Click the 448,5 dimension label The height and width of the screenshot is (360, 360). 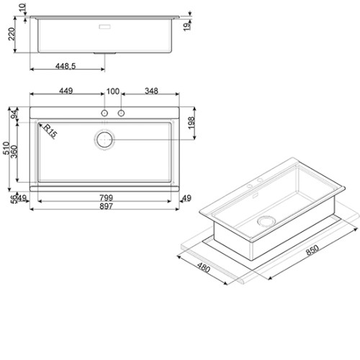(x=66, y=66)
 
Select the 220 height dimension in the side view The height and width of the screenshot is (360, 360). (x=12, y=34)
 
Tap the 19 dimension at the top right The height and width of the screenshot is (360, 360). (x=187, y=26)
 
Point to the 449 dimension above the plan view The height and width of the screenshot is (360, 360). (x=66, y=91)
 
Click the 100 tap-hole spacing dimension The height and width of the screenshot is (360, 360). (x=113, y=91)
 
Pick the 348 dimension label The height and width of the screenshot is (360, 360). (x=151, y=91)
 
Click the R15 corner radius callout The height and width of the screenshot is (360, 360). (x=50, y=131)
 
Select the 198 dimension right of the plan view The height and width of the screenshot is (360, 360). (x=192, y=123)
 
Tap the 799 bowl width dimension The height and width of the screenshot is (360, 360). (x=106, y=198)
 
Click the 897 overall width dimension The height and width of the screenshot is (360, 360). (x=106, y=206)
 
